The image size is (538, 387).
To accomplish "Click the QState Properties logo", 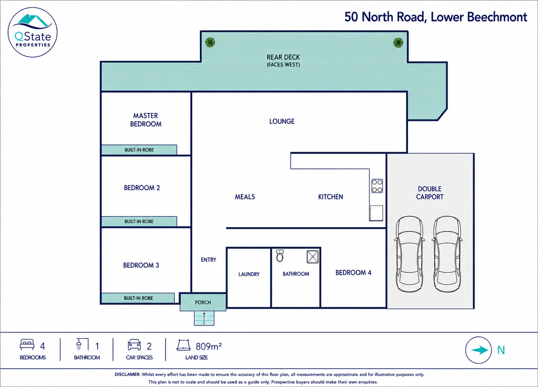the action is click(32, 32).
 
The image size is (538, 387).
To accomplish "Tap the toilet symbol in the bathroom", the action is click(280, 256).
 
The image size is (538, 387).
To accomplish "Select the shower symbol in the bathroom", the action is click(313, 257).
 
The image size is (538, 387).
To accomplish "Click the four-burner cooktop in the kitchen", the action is click(377, 186).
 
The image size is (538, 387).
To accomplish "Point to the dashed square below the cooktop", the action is click(376, 213).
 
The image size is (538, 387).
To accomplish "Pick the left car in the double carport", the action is click(410, 254).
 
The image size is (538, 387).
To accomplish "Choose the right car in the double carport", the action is click(447, 254).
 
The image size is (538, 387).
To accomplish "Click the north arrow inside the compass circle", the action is click(479, 350).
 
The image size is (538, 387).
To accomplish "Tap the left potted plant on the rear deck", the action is click(210, 42).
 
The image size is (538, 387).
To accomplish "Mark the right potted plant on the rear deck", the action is click(398, 43).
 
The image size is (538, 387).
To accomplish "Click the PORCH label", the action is click(203, 302).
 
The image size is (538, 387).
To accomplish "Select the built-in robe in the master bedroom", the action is click(139, 150).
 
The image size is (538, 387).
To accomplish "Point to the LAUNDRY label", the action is click(249, 274).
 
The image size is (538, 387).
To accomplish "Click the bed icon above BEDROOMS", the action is click(27, 344).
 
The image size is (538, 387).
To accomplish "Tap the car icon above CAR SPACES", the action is click(134, 345).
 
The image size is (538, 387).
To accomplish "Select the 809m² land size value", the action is click(209, 346).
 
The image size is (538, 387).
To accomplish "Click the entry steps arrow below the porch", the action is click(204, 319).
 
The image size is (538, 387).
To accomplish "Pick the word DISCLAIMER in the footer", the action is click(127, 375).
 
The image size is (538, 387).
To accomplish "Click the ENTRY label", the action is click(209, 260).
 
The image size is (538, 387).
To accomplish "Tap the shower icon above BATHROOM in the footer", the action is click(82, 344).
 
